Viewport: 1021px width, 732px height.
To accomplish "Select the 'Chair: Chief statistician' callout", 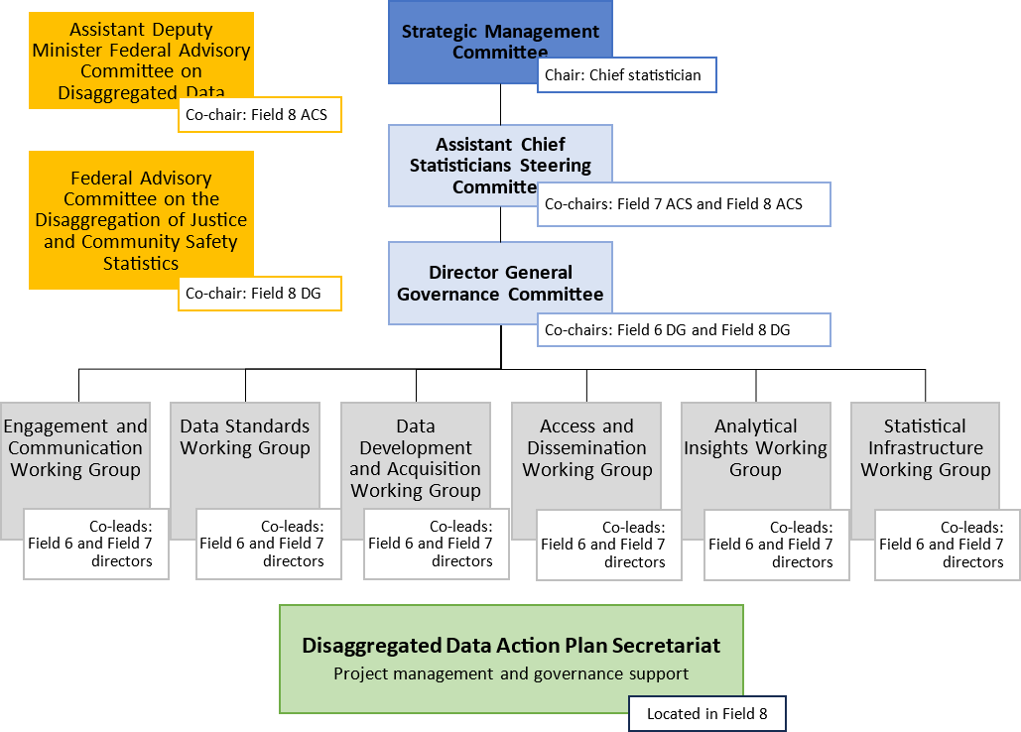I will point(626,75).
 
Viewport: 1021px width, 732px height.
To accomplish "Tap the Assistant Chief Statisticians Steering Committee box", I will point(500,154).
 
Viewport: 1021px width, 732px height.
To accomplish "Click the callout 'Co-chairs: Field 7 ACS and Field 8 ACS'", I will point(684,204).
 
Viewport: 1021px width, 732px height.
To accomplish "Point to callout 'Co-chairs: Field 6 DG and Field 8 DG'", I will point(684,329).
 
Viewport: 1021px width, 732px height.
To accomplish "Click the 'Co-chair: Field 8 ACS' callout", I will point(260,115).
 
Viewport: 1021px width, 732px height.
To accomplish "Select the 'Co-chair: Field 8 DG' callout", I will point(260,294).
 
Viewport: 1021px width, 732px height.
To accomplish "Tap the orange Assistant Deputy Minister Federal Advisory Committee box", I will point(141,50).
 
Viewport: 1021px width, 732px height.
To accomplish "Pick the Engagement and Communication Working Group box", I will point(75,448).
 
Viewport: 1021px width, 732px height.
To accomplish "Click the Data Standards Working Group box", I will point(245,446).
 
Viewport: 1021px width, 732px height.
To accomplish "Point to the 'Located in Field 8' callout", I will point(706,713).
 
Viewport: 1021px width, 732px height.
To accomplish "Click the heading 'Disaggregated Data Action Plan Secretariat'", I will point(511,646).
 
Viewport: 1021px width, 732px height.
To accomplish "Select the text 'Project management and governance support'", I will point(511,674).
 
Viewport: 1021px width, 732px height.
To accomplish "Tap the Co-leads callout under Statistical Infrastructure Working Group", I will point(947,545).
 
